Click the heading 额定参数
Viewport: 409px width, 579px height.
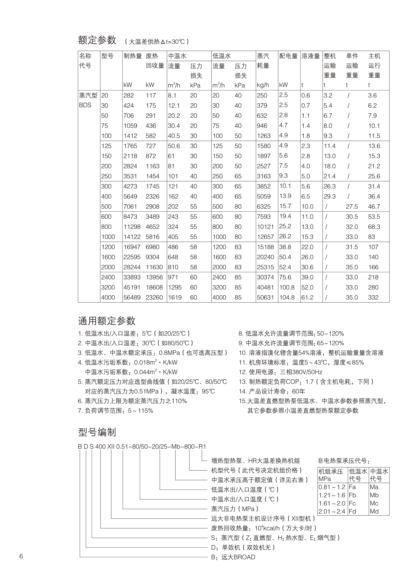click(x=97, y=40)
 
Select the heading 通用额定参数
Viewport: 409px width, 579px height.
click(x=107, y=321)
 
